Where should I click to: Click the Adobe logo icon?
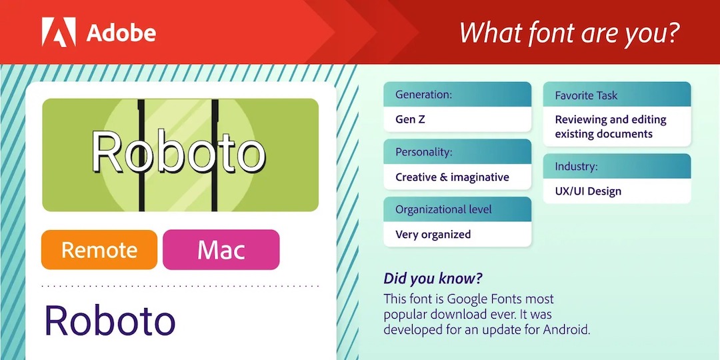click(x=59, y=32)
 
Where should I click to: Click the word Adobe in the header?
click(x=121, y=33)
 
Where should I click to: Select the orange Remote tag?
click(x=99, y=250)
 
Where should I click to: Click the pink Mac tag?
click(x=221, y=250)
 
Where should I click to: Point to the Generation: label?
click(x=424, y=95)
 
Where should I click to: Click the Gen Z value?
click(x=410, y=119)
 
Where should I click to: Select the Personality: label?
click(x=424, y=153)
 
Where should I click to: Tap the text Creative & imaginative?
click(x=452, y=177)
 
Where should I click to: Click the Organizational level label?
click(x=443, y=209)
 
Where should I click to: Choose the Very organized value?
click(x=433, y=235)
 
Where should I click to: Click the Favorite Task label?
click(x=586, y=95)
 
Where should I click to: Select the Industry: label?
click(x=576, y=166)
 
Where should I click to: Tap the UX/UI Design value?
click(x=588, y=191)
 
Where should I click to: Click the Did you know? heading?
click(x=433, y=278)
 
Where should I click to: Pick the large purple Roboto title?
click(x=110, y=320)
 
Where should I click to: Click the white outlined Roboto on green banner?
click(x=178, y=152)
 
